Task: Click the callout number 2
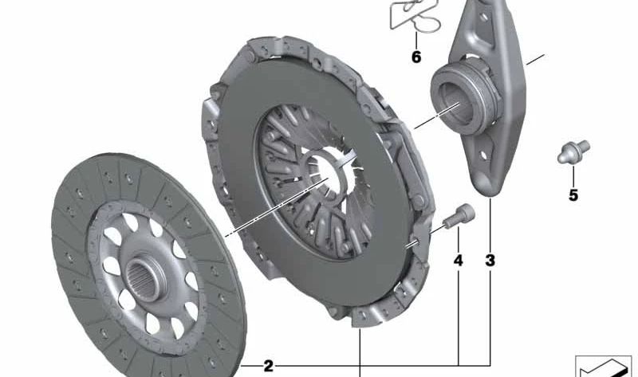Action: pos(268,366)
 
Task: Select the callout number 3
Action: pos(490,261)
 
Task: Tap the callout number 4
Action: pos(459,261)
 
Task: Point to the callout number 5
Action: pos(573,195)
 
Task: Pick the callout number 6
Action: pos(415,57)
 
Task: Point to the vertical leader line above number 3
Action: pos(490,223)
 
